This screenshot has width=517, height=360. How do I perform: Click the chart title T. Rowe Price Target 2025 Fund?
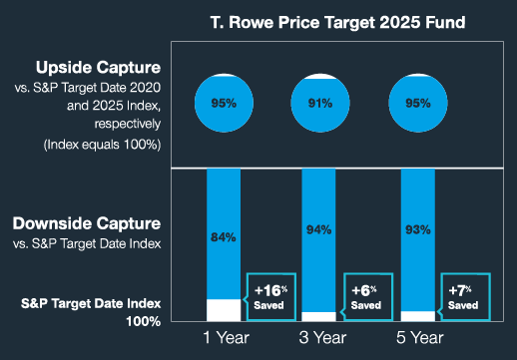[337, 23]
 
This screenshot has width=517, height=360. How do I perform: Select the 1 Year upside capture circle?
[224, 103]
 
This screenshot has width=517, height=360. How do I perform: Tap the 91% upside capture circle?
[320, 103]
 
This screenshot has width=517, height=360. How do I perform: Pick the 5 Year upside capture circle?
[418, 103]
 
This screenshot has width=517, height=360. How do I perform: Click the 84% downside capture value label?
[224, 237]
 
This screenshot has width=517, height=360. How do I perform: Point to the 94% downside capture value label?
[318, 229]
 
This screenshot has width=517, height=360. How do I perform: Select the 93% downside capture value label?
[418, 229]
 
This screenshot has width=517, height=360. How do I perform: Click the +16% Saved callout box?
[270, 297]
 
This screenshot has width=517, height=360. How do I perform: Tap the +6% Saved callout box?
[367, 297]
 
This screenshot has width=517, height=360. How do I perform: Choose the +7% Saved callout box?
[464, 297]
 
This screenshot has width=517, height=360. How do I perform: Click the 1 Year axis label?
[227, 338]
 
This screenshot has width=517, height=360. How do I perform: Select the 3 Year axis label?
[322, 338]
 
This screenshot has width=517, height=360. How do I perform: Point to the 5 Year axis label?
[420, 338]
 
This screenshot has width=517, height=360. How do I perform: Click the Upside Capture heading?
[98, 68]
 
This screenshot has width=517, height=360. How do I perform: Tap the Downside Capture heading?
[87, 223]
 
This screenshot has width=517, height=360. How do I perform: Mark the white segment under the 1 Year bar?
[224, 310]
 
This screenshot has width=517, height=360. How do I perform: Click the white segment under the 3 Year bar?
[318, 316]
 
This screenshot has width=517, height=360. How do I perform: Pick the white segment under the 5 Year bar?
[418, 316]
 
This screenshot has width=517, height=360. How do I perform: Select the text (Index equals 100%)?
[102, 145]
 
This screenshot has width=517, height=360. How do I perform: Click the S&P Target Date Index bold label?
[91, 303]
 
